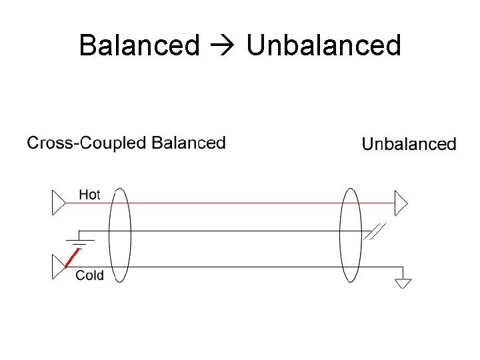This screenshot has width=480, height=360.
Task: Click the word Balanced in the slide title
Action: click(x=139, y=45)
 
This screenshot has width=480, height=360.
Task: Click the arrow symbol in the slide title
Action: click(x=223, y=46)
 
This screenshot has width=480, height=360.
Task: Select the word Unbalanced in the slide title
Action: click(x=323, y=45)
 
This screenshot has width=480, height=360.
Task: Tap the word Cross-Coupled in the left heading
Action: click(x=87, y=143)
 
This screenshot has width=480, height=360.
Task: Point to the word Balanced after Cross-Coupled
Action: click(x=189, y=143)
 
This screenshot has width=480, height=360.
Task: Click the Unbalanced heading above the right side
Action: click(x=409, y=144)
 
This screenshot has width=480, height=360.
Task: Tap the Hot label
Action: click(x=89, y=195)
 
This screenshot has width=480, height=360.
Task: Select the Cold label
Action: click(x=89, y=275)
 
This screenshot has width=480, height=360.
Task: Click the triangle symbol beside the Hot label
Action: click(x=59, y=203)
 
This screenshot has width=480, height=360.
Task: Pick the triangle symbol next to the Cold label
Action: click(x=59, y=267)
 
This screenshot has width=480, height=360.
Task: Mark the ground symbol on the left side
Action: click(x=80, y=239)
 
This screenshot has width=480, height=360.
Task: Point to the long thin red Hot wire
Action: click(x=233, y=203)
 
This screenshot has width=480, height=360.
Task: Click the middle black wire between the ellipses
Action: click(x=233, y=231)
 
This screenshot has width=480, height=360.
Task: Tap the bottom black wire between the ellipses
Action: click(x=233, y=267)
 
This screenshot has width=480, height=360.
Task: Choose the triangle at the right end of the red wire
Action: click(x=401, y=203)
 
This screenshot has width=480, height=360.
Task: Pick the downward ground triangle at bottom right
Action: click(x=403, y=283)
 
